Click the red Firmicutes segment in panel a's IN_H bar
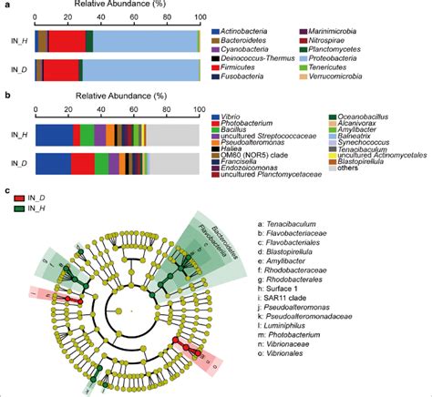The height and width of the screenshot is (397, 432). [67, 39]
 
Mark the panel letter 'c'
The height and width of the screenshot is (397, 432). [8, 191]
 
